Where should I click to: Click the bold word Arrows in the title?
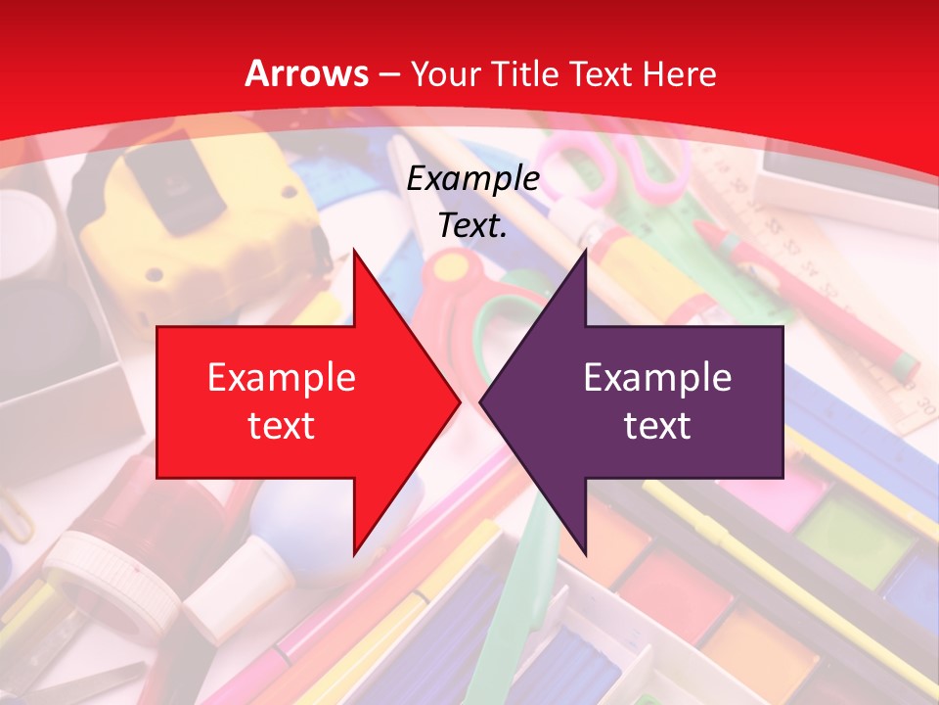(307, 73)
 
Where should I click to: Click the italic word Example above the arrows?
(473, 179)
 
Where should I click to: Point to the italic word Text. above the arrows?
(473, 225)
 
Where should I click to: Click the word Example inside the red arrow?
(282, 378)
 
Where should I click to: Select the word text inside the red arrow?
(282, 425)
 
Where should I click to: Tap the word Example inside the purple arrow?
(657, 378)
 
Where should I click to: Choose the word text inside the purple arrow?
(657, 425)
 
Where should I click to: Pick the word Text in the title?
(602, 73)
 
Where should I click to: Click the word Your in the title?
(440, 73)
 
